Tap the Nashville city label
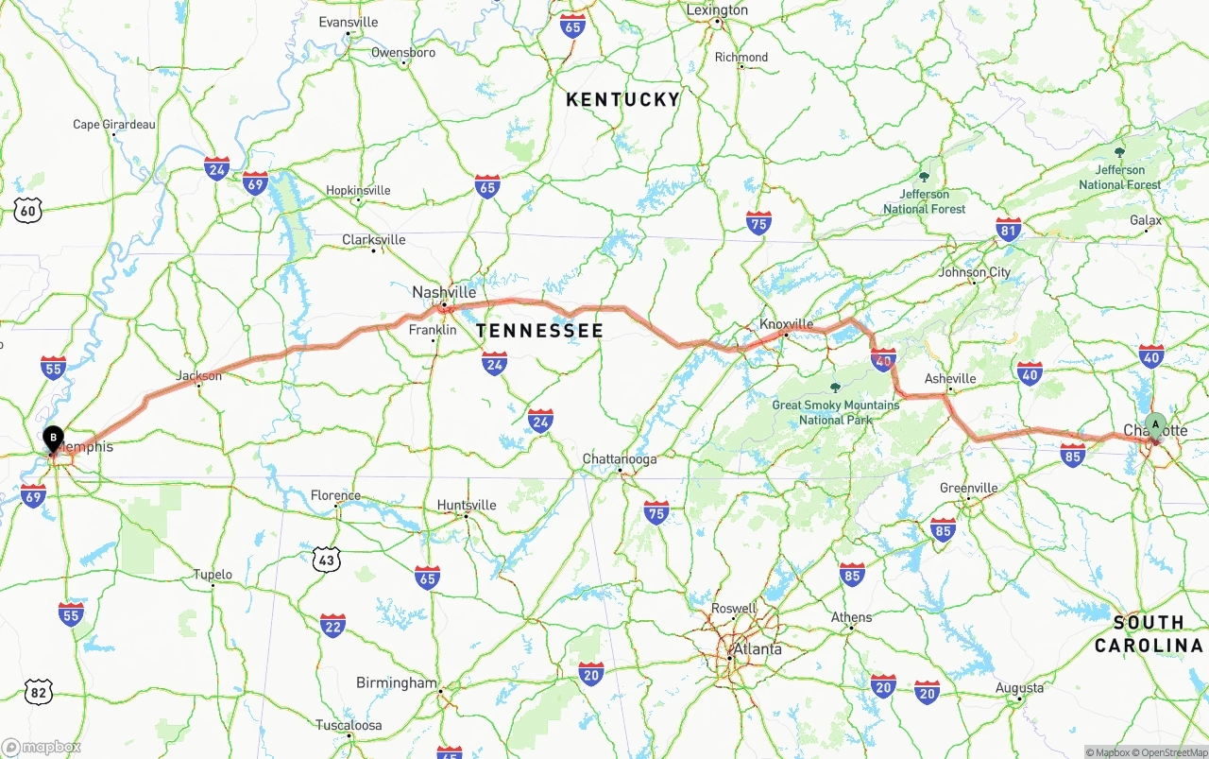pos(444,293)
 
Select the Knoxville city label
pos(787,324)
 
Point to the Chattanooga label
pos(620,459)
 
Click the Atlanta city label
pos(758,649)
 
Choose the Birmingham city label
pos(397,682)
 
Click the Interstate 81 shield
pos(1009,230)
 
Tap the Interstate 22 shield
pos(332,625)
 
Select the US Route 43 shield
pos(326,560)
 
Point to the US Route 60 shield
pos(28,211)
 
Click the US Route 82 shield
pos(38,693)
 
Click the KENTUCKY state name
pos(622,99)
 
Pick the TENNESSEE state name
pos(539,331)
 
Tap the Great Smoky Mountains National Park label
pos(836,412)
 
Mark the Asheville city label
pos(950,379)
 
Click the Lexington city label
pos(717,10)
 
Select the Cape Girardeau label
pos(114,125)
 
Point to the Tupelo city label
pos(213,575)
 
